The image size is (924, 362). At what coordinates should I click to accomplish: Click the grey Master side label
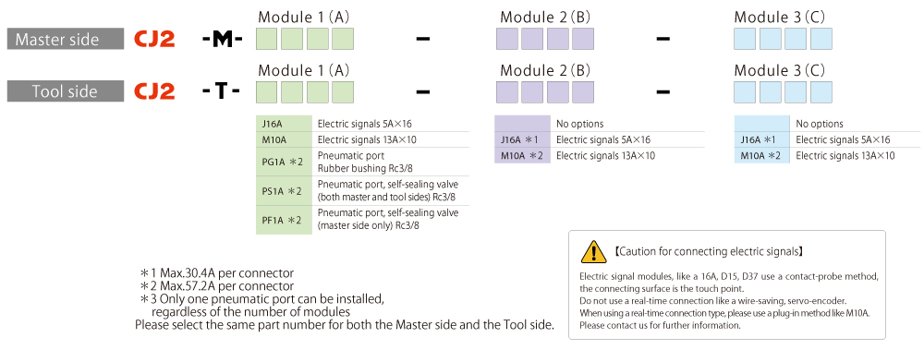(66, 40)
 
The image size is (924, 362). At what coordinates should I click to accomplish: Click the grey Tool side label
(66, 91)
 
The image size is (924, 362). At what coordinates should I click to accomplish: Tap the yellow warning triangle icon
(593, 251)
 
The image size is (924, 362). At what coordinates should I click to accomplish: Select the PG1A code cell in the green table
(284, 162)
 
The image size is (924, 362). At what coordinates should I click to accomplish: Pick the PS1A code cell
(284, 191)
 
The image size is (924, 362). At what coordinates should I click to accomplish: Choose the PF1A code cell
(284, 220)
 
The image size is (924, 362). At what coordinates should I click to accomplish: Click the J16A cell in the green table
(284, 124)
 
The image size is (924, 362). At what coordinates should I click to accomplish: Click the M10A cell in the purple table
(522, 156)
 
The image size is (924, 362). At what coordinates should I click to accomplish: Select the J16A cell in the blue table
(761, 139)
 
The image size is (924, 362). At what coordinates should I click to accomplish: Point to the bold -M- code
(222, 40)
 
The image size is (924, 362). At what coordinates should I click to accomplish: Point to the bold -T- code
(221, 91)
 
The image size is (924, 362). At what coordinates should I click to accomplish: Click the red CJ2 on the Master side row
(154, 40)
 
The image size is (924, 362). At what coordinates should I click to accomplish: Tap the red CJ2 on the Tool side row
(154, 91)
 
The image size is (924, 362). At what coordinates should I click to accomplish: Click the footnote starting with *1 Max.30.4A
(217, 273)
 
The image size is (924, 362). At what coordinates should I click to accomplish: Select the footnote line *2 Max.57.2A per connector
(217, 286)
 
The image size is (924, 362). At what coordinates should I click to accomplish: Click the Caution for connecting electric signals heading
(709, 251)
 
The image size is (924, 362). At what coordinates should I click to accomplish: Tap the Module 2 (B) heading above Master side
(545, 17)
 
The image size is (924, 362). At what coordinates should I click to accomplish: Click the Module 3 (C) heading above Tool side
(780, 70)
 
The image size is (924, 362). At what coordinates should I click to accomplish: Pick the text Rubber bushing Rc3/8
(361, 166)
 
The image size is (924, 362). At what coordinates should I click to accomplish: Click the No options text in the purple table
(580, 124)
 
